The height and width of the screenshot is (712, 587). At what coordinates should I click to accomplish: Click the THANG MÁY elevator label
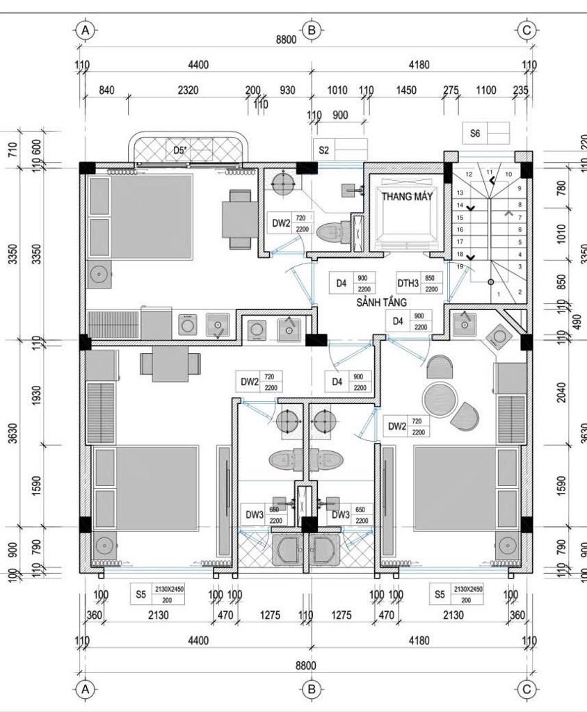[x=407, y=197]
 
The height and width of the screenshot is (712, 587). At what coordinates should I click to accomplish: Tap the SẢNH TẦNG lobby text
[x=381, y=302]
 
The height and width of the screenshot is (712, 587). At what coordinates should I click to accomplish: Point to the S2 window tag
[x=324, y=149]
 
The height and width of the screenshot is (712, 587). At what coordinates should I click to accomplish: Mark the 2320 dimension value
[x=187, y=90]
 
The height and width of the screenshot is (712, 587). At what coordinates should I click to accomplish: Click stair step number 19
[x=460, y=267]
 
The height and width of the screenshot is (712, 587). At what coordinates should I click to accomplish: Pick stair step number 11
[x=490, y=171]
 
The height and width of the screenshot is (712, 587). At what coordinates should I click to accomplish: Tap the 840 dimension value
[x=106, y=90]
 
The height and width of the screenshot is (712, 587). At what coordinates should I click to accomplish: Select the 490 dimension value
[x=576, y=322]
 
